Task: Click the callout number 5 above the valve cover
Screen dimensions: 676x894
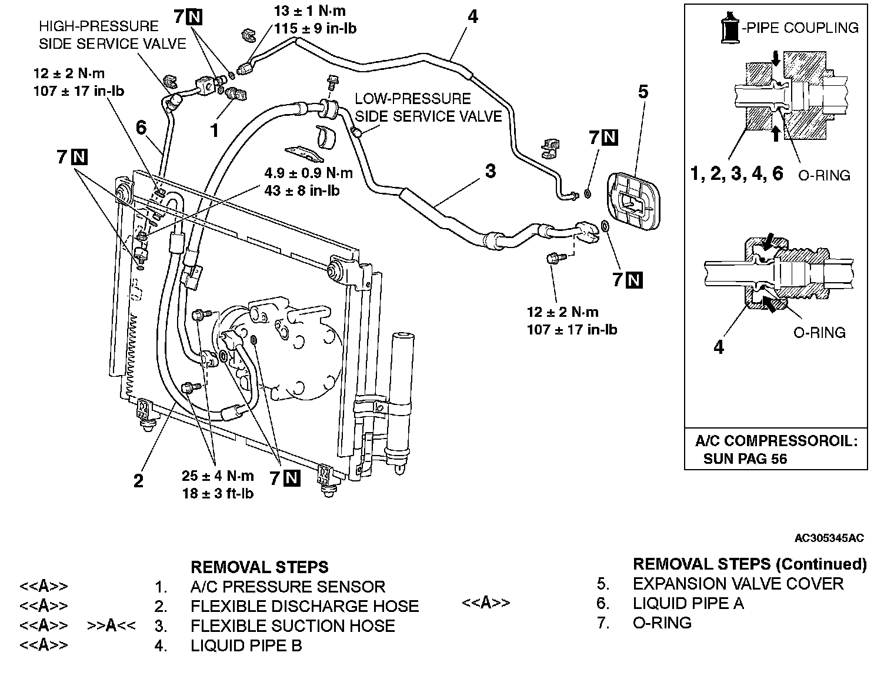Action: [643, 92]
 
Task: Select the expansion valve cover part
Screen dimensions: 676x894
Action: [635, 200]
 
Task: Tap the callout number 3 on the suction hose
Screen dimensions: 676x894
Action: [490, 171]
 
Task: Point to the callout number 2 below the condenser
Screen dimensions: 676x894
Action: [138, 481]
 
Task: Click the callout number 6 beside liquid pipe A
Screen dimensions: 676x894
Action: [141, 127]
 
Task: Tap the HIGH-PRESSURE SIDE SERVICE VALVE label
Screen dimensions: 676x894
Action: [112, 35]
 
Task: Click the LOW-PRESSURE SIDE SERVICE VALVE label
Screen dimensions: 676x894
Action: [428, 108]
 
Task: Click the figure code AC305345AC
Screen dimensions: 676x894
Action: [829, 538]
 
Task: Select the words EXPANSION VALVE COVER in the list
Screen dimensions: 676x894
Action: [738, 584]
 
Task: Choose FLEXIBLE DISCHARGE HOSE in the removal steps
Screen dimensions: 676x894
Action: [304, 606]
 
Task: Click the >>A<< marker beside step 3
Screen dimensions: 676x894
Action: [111, 625]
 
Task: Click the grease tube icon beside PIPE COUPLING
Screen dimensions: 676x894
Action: [729, 28]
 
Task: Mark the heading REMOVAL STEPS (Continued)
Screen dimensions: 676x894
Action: [749, 564]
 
